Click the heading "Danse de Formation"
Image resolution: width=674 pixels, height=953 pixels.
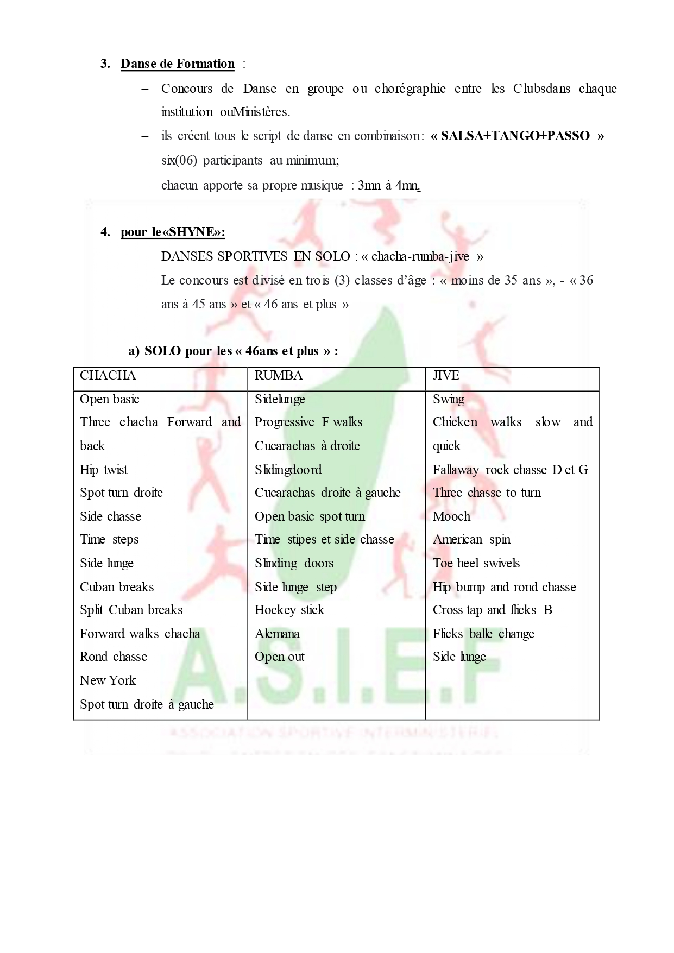click(178, 64)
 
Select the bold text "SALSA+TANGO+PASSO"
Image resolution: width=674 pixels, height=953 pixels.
click(515, 136)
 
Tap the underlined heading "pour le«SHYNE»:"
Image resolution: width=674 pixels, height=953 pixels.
click(173, 232)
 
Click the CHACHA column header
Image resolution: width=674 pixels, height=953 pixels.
click(108, 376)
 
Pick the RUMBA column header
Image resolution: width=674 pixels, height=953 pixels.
click(279, 376)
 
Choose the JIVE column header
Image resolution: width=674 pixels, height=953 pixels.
click(446, 376)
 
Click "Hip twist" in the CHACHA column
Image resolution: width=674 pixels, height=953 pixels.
click(104, 470)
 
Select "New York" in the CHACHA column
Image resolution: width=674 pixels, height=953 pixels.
click(108, 680)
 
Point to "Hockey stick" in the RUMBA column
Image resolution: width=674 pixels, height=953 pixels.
click(289, 610)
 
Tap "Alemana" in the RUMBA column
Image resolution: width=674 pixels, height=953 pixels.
click(277, 634)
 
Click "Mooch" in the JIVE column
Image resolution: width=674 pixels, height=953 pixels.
click(451, 516)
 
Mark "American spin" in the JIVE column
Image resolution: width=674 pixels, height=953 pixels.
click(471, 540)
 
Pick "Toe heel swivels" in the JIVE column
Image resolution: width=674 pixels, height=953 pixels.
click(476, 563)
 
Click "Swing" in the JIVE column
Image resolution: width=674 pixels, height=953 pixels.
click(449, 400)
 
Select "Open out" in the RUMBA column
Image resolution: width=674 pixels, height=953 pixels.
click(280, 657)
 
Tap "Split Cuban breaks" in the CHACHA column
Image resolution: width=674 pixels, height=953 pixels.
click(131, 610)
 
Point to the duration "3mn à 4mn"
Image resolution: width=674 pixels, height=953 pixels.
click(388, 186)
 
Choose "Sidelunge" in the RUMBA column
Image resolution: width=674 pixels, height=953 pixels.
click(280, 400)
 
